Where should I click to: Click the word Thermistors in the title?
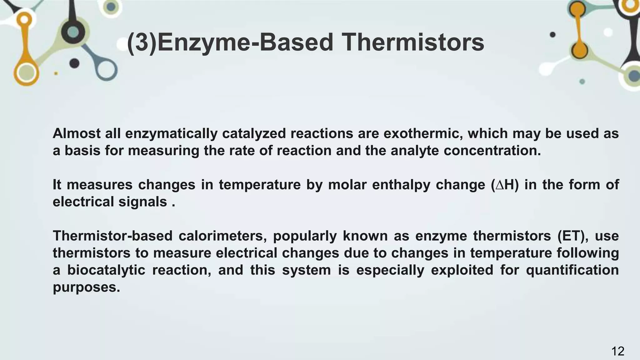click(x=412, y=42)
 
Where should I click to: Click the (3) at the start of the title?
click(x=142, y=42)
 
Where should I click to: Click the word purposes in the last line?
click(x=86, y=287)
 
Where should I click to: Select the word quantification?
click(x=572, y=270)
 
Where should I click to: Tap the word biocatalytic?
click(x=106, y=270)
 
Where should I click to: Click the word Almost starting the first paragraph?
click(x=77, y=134)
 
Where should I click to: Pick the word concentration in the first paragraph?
click(x=492, y=151)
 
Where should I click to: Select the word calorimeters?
click(x=222, y=236)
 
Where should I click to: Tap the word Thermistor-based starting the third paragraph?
click(x=112, y=236)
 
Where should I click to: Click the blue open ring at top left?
click(x=106, y=68)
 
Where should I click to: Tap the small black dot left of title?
click(x=74, y=63)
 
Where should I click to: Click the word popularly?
click(x=305, y=236)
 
